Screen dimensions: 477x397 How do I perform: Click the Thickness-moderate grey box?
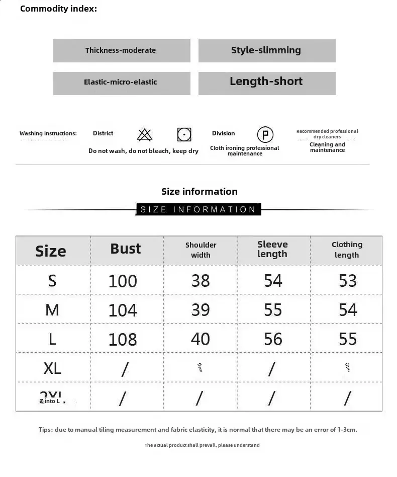tap(122, 50)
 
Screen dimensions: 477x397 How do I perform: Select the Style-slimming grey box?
tap(266, 50)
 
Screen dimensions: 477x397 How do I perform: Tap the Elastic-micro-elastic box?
tap(122, 83)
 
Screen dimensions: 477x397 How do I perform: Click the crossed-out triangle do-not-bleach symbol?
tap(145, 134)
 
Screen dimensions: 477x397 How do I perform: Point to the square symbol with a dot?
tap(184, 134)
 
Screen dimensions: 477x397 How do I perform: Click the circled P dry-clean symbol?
tap(265, 135)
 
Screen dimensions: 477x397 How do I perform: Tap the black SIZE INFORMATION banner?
tap(198, 209)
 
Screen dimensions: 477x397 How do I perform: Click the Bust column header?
tap(126, 249)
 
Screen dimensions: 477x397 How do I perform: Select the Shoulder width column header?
tap(201, 250)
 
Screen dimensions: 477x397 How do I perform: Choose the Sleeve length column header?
tap(272, 249)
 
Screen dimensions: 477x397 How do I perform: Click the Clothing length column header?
tap(347, 250)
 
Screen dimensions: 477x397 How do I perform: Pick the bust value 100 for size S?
tap(123, 281)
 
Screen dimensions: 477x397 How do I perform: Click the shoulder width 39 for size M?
tap(201, 309)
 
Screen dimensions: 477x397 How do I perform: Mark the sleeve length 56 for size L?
tap(273, 339)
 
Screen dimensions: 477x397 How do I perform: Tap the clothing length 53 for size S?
tap(347, 280)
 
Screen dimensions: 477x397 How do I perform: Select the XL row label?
tap(52, 368)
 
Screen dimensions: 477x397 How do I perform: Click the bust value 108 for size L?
tap(123, 339)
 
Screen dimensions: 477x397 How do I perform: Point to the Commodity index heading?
tap(59, 9)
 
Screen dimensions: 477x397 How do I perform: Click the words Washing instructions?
tap(48, 133)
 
